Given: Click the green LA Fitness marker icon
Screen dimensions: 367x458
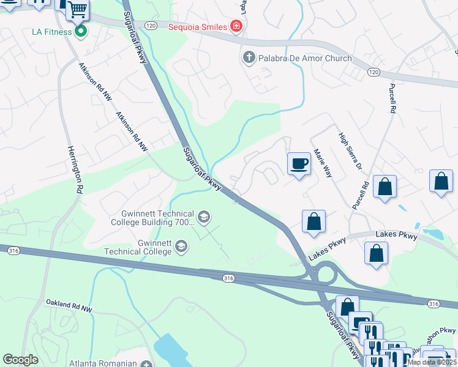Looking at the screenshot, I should coord(80,31).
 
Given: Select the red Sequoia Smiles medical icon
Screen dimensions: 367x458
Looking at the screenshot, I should coord(236,26).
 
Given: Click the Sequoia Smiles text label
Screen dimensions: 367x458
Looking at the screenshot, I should coord(198,26).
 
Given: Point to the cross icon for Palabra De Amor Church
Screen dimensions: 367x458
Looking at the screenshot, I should coord(249,58).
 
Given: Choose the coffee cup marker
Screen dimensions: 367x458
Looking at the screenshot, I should coord(299,164).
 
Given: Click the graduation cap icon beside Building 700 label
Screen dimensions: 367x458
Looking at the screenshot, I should coord(203,217).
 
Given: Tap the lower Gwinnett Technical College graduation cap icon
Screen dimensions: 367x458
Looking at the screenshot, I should coord(181,246).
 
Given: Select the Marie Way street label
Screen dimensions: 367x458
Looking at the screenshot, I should coord(322,160).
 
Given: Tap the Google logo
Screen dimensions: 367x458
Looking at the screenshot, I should coord(21,360).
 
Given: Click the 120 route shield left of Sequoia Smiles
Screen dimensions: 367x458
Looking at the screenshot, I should coord(152,25).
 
